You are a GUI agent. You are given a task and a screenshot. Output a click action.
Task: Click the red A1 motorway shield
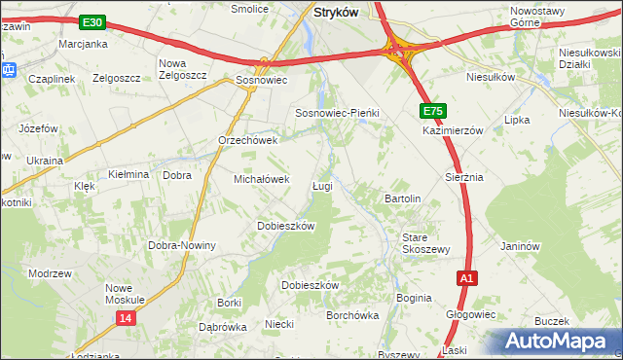point(467,279)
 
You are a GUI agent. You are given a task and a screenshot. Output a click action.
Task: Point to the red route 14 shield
point(125,318)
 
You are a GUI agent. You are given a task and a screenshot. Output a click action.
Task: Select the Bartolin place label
point(402,198)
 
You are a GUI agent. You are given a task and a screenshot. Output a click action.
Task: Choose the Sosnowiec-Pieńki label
point(337,113)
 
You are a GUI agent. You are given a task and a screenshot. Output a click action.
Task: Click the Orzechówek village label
point(248,140)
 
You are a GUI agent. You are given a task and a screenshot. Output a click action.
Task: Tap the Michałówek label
point(262,179)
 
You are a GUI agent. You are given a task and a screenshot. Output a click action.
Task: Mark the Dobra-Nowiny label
point(181,245)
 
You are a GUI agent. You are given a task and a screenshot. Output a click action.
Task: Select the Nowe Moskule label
point(131,294)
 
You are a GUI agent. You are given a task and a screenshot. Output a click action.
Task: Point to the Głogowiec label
point(471,314)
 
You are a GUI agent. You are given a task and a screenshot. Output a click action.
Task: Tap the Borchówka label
point(352,315)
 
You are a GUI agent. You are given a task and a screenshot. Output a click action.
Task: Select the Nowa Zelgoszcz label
point(183,69)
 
